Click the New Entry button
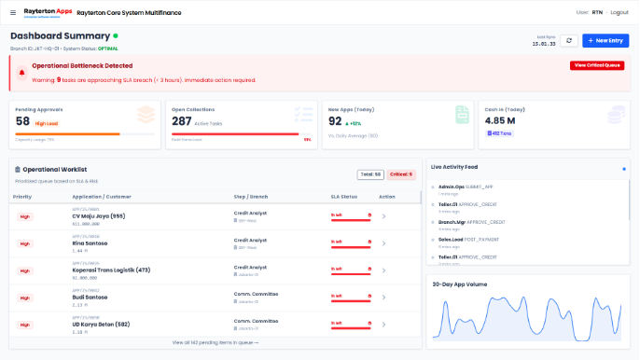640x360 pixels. click(605, 41)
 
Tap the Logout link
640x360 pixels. click(619, 12)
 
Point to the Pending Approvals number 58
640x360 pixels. click(22, 121)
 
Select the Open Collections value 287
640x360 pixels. click(181, 121)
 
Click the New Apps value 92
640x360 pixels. click(335, 121)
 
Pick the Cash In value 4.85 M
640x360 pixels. click(499, 120)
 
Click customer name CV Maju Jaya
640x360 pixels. click(99, 216)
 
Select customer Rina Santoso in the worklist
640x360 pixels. click(90, 243)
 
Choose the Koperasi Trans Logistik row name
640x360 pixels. click(111, 270)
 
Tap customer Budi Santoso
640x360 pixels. click(90, 298)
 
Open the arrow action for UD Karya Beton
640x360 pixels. click(383, 325)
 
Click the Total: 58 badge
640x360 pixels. click(369, 174)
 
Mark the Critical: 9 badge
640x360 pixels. click(400, 174)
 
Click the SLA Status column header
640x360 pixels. click(344, 197)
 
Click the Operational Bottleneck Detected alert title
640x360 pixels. click(82, 66)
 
